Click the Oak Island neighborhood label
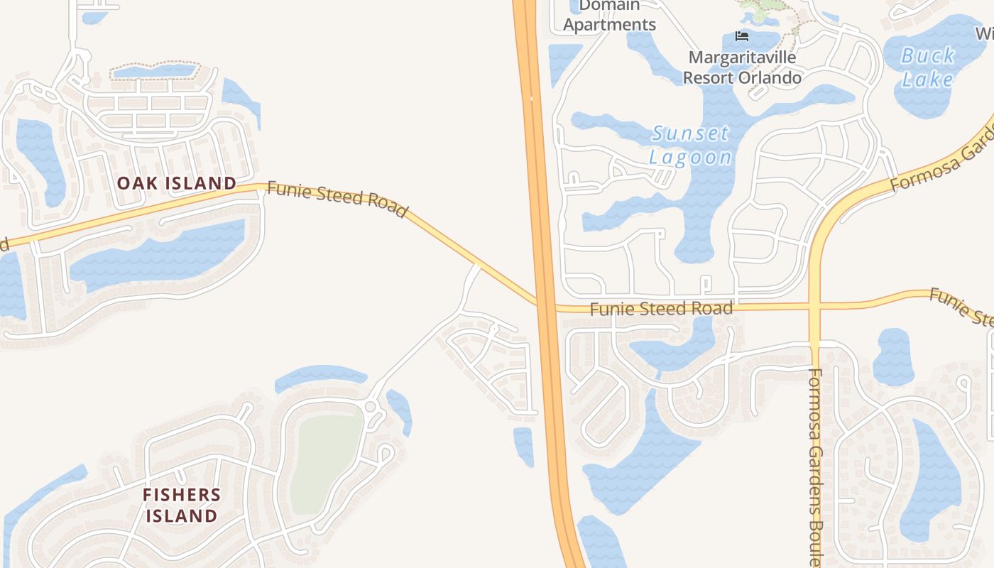177,183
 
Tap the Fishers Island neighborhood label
182,505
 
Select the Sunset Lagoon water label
690,145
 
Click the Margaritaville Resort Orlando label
742,67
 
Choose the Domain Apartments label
609,16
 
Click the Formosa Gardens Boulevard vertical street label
815,461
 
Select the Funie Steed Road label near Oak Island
337,200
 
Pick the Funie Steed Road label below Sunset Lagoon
661,309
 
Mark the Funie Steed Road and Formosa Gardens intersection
815,306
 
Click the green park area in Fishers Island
327,461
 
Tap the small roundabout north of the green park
370,406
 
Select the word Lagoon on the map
690,157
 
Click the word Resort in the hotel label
711,77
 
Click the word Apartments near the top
609,24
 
